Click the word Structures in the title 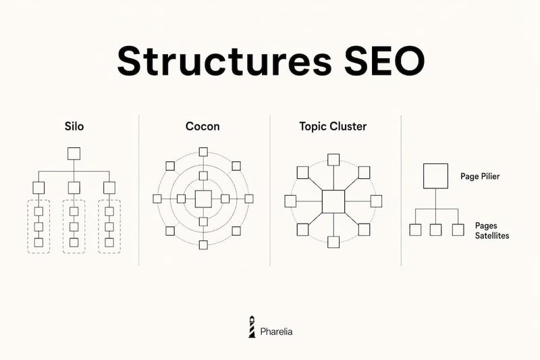[x=224, y=61]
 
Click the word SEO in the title [x=385, y=61]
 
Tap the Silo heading [x=74, y=126]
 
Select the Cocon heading [x=202, y=126]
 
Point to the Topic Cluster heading [x=333, y=126]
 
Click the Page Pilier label [x=480, y=176]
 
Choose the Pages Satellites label [x=492, y=230]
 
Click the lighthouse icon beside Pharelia [x=252, y=327]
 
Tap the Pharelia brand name [x=276, y=332]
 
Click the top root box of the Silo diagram [x=74, y=153]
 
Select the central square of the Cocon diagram [x=203, y=199]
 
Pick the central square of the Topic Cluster [x=333, y=201]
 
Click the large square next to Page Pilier [x=435, y=176]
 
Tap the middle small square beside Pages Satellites [x=435, y=230]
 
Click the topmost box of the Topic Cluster [x=333, y=160]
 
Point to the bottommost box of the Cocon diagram [x=203, y=245]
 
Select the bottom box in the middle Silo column [x=74, y=242]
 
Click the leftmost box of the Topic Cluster [x=290, y=201]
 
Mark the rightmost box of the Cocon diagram [x=249, y=199]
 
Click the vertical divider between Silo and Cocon [x=139, y=190]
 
